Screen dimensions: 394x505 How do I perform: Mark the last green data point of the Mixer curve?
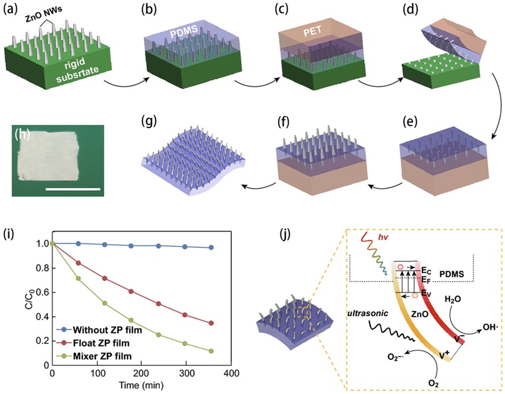point(211,351)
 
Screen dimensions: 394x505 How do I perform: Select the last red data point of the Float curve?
point(211,323)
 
